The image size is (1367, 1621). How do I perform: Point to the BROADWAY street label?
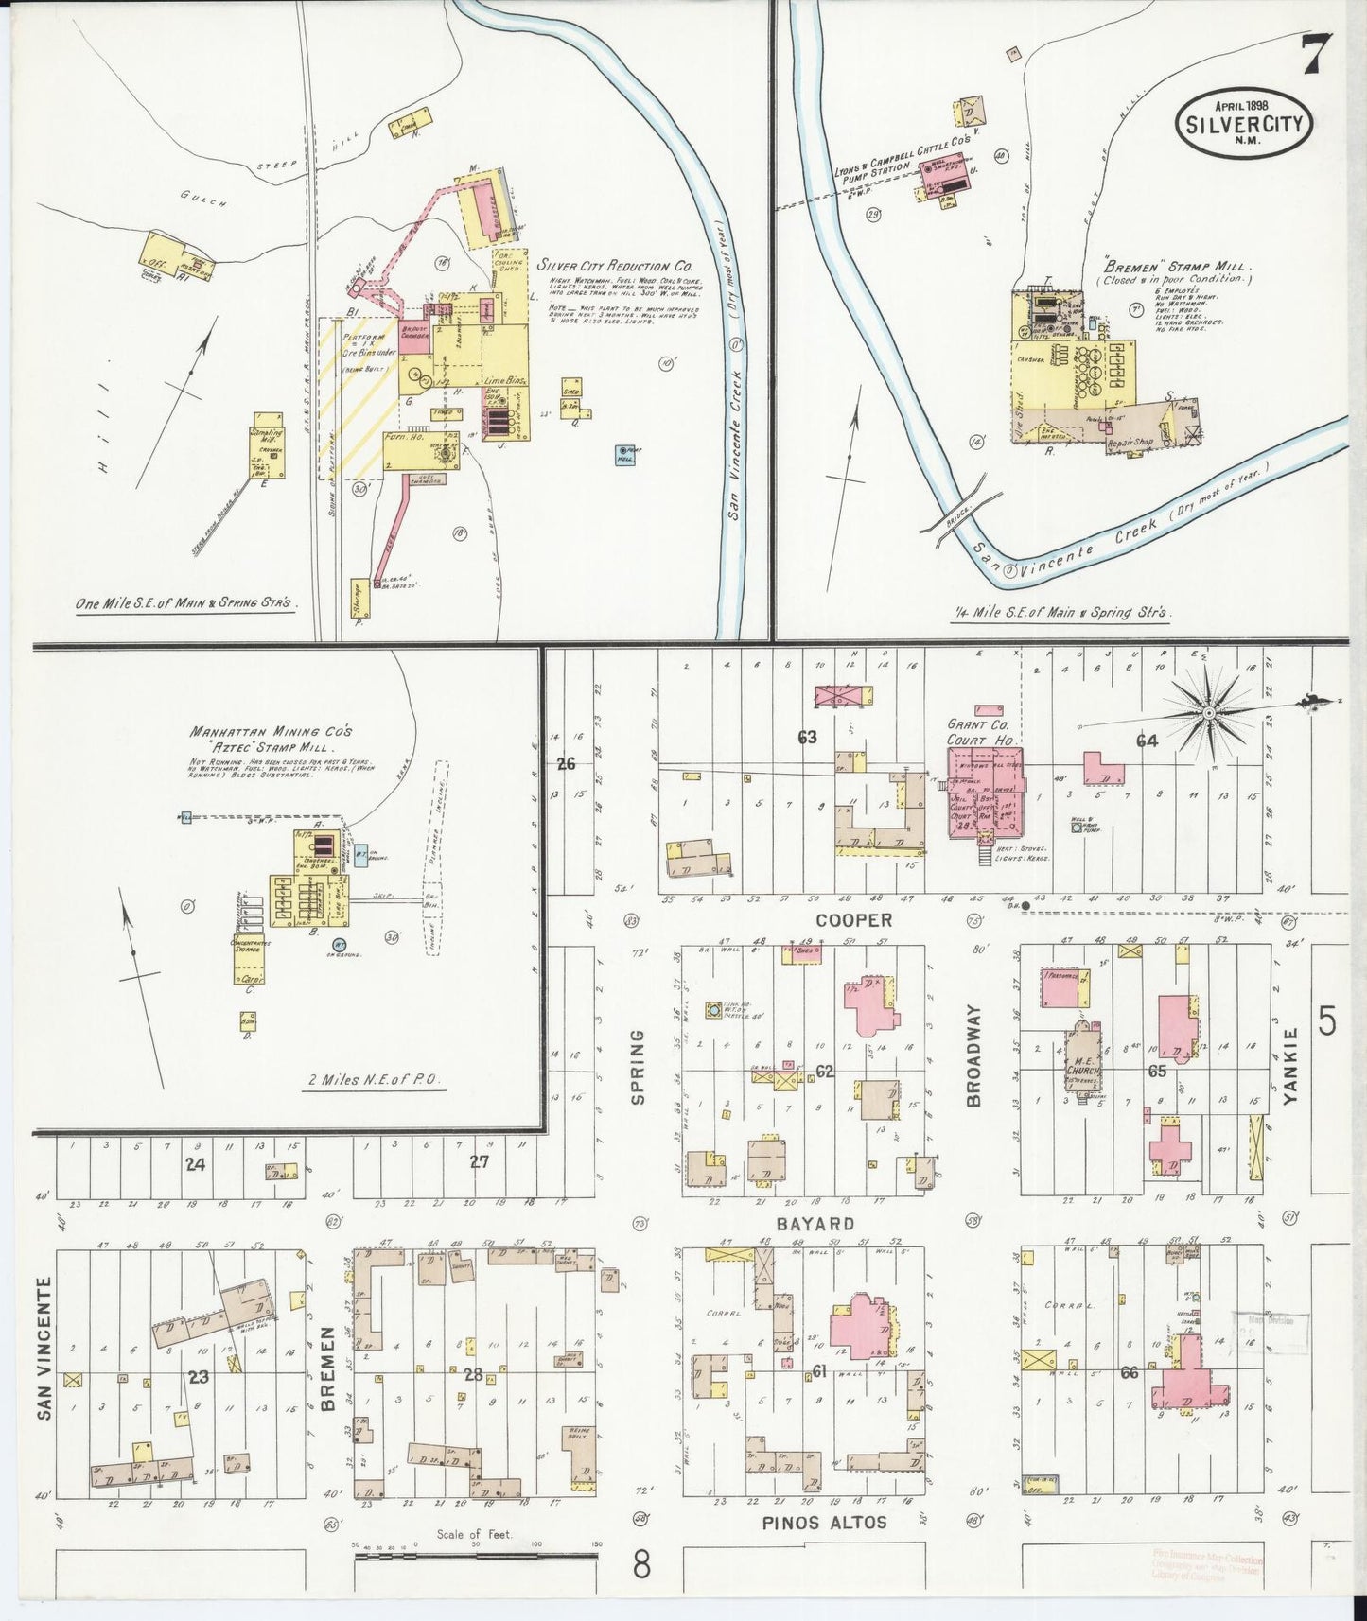tap(974, 1055)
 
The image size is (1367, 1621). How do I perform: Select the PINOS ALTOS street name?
tap(825, 1522)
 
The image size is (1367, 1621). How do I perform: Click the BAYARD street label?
tap(815, 1223)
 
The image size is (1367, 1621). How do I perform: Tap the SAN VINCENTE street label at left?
tap(44, 1348)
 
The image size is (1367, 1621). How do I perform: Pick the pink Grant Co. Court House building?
tap(986, 793)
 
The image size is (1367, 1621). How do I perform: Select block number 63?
tap(806, 738)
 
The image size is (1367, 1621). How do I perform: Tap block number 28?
tap(473, 1374)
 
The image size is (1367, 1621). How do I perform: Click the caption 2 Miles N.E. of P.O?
tap(376, 1079)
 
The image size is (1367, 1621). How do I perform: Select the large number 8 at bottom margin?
tap(641, 1565)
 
